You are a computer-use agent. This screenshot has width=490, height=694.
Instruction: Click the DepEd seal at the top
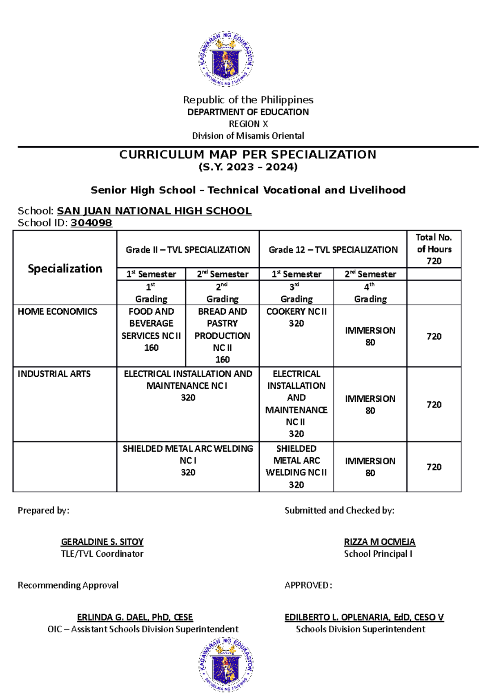(x=226, y=59)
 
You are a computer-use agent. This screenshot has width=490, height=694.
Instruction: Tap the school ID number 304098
(x=91, y=223)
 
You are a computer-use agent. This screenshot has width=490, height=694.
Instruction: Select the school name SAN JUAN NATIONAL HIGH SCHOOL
(x=154, y=211)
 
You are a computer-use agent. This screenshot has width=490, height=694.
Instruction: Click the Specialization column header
(x=65, y=269)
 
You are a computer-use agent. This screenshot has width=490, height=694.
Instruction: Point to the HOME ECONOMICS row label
(x=57, y=311)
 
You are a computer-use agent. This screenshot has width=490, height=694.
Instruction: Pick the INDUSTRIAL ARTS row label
(x=54, y=374)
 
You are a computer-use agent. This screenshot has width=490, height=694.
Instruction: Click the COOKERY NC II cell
(x=296, y=318)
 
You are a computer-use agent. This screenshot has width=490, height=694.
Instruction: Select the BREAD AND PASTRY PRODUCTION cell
(x=222, y=335)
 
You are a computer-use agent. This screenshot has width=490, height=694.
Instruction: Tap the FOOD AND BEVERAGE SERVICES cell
(x=151, y=329)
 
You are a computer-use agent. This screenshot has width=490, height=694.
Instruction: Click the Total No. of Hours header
(x=434, y=249)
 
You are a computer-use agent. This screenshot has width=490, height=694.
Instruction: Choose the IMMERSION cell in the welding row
(x=370, y=467)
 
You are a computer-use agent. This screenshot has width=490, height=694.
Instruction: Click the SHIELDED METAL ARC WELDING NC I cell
(x=188, y=460)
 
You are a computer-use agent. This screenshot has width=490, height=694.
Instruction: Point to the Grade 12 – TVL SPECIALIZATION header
(x=333, y=250)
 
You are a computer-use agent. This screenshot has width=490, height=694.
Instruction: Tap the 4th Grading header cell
(x=370, y=293)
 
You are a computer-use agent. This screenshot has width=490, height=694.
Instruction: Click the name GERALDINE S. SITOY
(x=102, y=542)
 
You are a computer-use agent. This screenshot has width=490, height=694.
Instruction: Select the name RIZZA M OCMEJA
(x=379, y=542)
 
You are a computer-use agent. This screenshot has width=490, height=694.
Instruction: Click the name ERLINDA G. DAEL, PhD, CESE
(x=135, y=617)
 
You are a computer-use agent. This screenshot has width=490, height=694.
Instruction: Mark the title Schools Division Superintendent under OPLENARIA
(x=361, y=629)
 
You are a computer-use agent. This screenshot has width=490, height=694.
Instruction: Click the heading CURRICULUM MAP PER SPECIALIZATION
(x=247, y=154)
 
